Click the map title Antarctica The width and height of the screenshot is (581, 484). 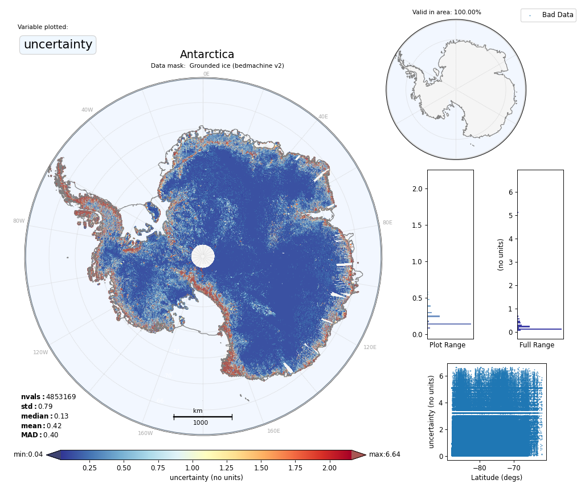click(207, 55)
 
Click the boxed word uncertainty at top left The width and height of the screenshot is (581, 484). click(58, 44)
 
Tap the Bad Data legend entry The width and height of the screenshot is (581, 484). click(557, 15)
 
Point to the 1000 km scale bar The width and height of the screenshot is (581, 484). click(202, 417)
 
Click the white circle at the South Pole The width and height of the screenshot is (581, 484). click(203, 256)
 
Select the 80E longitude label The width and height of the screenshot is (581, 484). click(387, 223)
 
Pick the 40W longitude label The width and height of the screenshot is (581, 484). click(87, 110)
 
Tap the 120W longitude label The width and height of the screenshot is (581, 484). click(40, 352)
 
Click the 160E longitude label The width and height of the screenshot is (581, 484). click(273, 431)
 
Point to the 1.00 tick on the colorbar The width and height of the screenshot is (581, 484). click(193, 468)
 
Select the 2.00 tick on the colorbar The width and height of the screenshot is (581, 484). click(329, 468)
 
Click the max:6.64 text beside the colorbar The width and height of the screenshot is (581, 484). click(384, 454)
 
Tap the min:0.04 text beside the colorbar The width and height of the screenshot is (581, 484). click(28, 454)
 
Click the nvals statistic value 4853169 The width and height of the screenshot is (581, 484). click(60, 397)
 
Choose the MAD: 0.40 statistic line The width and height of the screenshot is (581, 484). click(39, 435)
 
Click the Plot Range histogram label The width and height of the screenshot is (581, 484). click(447, 345)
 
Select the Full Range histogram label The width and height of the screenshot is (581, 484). click(537, 345)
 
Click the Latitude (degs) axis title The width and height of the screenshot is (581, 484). click(496, 478)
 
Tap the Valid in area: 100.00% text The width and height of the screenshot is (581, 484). click(447, 13)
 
